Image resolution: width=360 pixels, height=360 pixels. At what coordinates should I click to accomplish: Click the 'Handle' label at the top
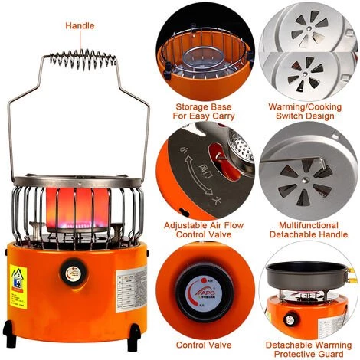[x=80, y=25]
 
